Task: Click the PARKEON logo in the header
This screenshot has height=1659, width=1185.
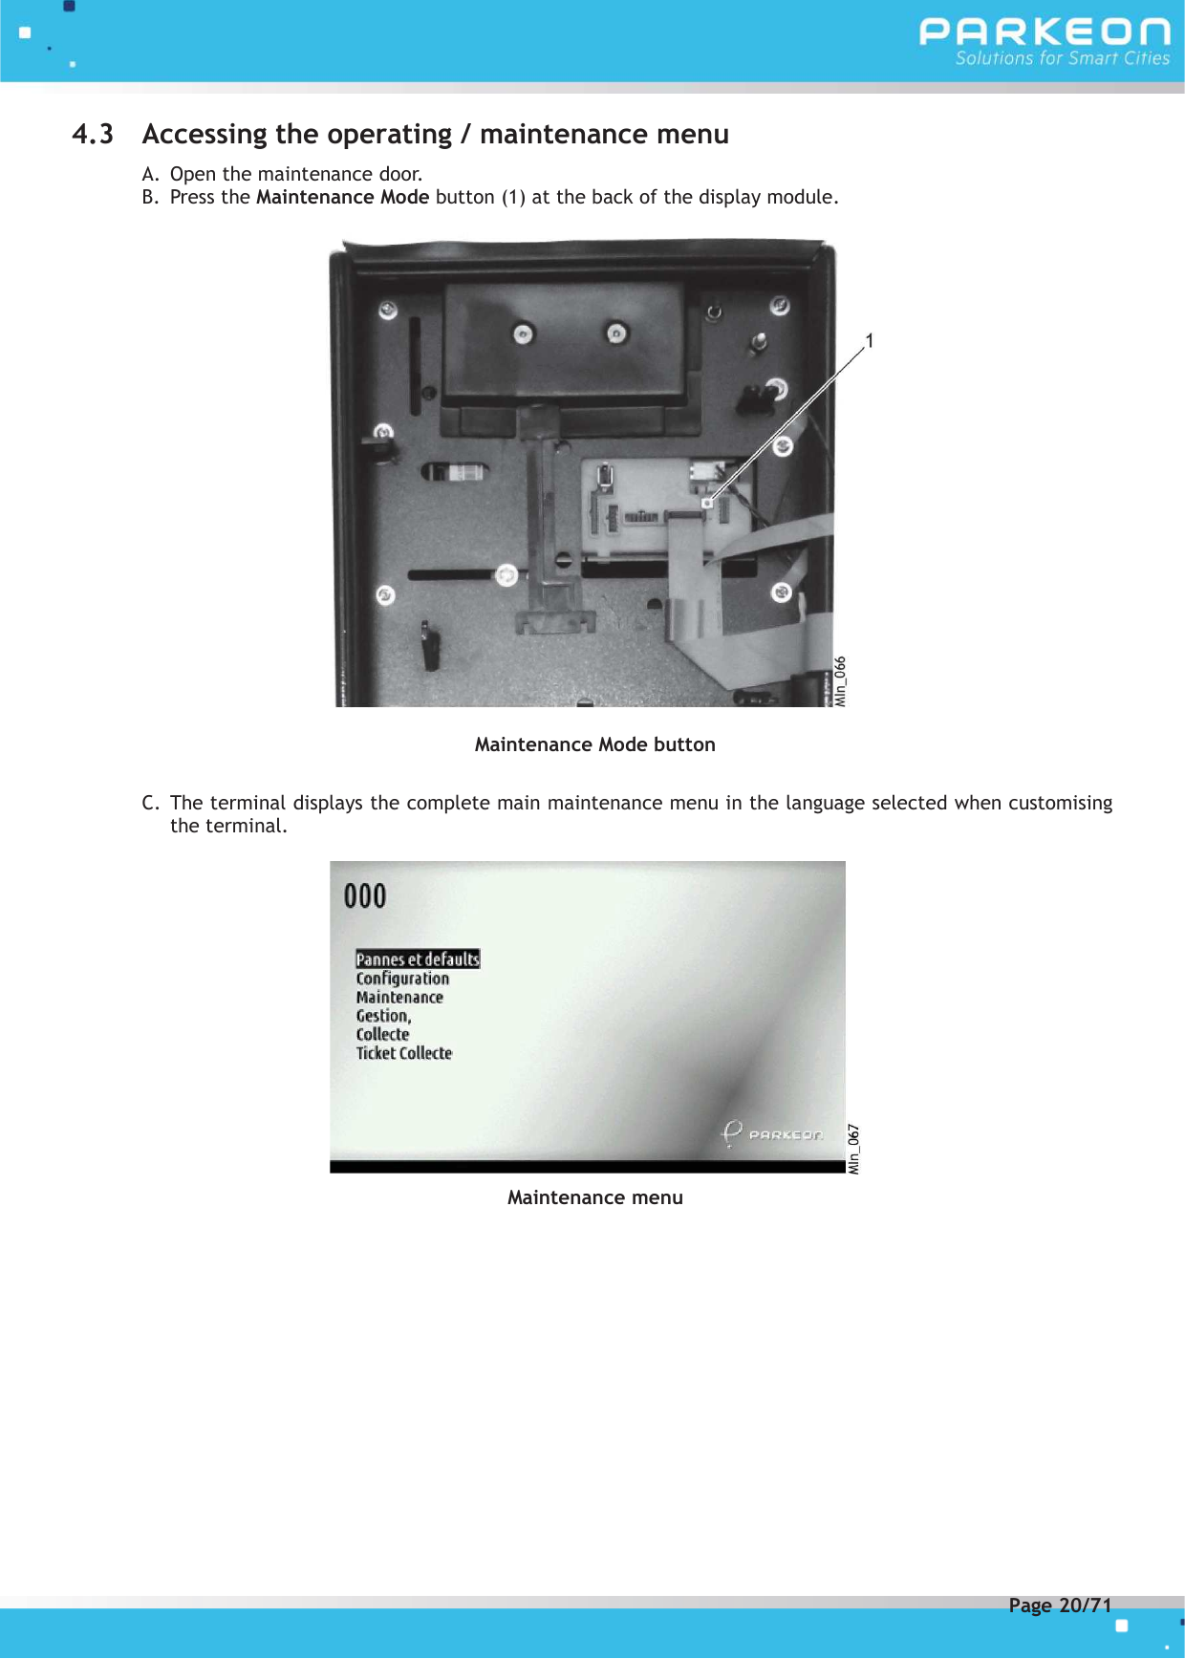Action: click(x=1045, y=32)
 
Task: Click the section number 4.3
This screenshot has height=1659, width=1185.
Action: click(x=93, y=135)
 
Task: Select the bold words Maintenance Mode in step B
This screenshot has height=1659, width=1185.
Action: click(x=342, y=198)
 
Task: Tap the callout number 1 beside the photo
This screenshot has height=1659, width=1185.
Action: click(x=870, y=341)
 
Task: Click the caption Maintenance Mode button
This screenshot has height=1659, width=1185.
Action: click(x=594, y=744)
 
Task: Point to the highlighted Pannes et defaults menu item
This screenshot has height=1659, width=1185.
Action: click(x=418, y=959)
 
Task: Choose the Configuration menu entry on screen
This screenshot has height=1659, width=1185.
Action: click(x=402, y=979)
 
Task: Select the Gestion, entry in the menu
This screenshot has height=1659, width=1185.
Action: click(x=383, y=1016)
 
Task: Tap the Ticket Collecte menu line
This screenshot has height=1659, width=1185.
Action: click(x=403, y=1053)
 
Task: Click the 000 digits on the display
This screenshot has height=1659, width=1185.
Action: click(x=365, y=896)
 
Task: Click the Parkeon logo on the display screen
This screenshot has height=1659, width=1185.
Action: click(x=772, y=1133)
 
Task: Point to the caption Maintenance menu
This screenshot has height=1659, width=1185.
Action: click(x=594, y=1197)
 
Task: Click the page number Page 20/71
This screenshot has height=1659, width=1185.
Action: click(x=1060, y=1605)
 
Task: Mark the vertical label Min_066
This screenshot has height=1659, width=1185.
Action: click(x=840, y=681)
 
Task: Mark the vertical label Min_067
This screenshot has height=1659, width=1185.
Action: click(x=853, y=1149)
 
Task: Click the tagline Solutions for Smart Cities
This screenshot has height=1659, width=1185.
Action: click(x=1062, y=58)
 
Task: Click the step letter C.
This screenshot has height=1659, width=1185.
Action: click(x=149, y=803)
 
